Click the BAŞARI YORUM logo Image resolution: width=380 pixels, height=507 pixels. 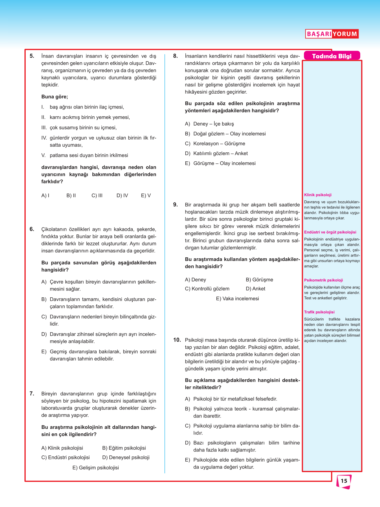(332, 34)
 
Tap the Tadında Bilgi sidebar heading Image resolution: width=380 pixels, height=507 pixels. (332, 56)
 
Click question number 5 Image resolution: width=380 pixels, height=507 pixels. (32, 56)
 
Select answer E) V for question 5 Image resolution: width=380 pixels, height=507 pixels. (146, 196)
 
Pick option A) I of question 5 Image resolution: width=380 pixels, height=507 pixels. (45, 196)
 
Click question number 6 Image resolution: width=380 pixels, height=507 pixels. (32, 229)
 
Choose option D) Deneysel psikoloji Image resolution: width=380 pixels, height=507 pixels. (126, 457)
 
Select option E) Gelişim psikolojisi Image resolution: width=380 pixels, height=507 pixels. (95, 468)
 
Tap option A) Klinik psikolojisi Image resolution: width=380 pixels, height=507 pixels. (62, 448)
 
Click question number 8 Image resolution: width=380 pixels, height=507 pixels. (176, 56)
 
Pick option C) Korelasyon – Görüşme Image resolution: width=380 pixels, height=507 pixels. (215, 143)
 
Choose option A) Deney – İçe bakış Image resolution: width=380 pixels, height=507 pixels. (209, 124)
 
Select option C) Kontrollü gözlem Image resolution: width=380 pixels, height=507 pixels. (207, 289)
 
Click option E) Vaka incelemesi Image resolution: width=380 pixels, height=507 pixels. (237, 299)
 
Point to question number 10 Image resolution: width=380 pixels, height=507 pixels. (177, 340)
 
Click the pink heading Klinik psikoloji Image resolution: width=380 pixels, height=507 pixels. (318, 195)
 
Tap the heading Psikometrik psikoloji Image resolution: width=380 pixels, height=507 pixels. (323, 280)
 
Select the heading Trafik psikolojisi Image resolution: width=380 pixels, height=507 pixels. (319, 312)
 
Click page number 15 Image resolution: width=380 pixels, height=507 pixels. (344, 481)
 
